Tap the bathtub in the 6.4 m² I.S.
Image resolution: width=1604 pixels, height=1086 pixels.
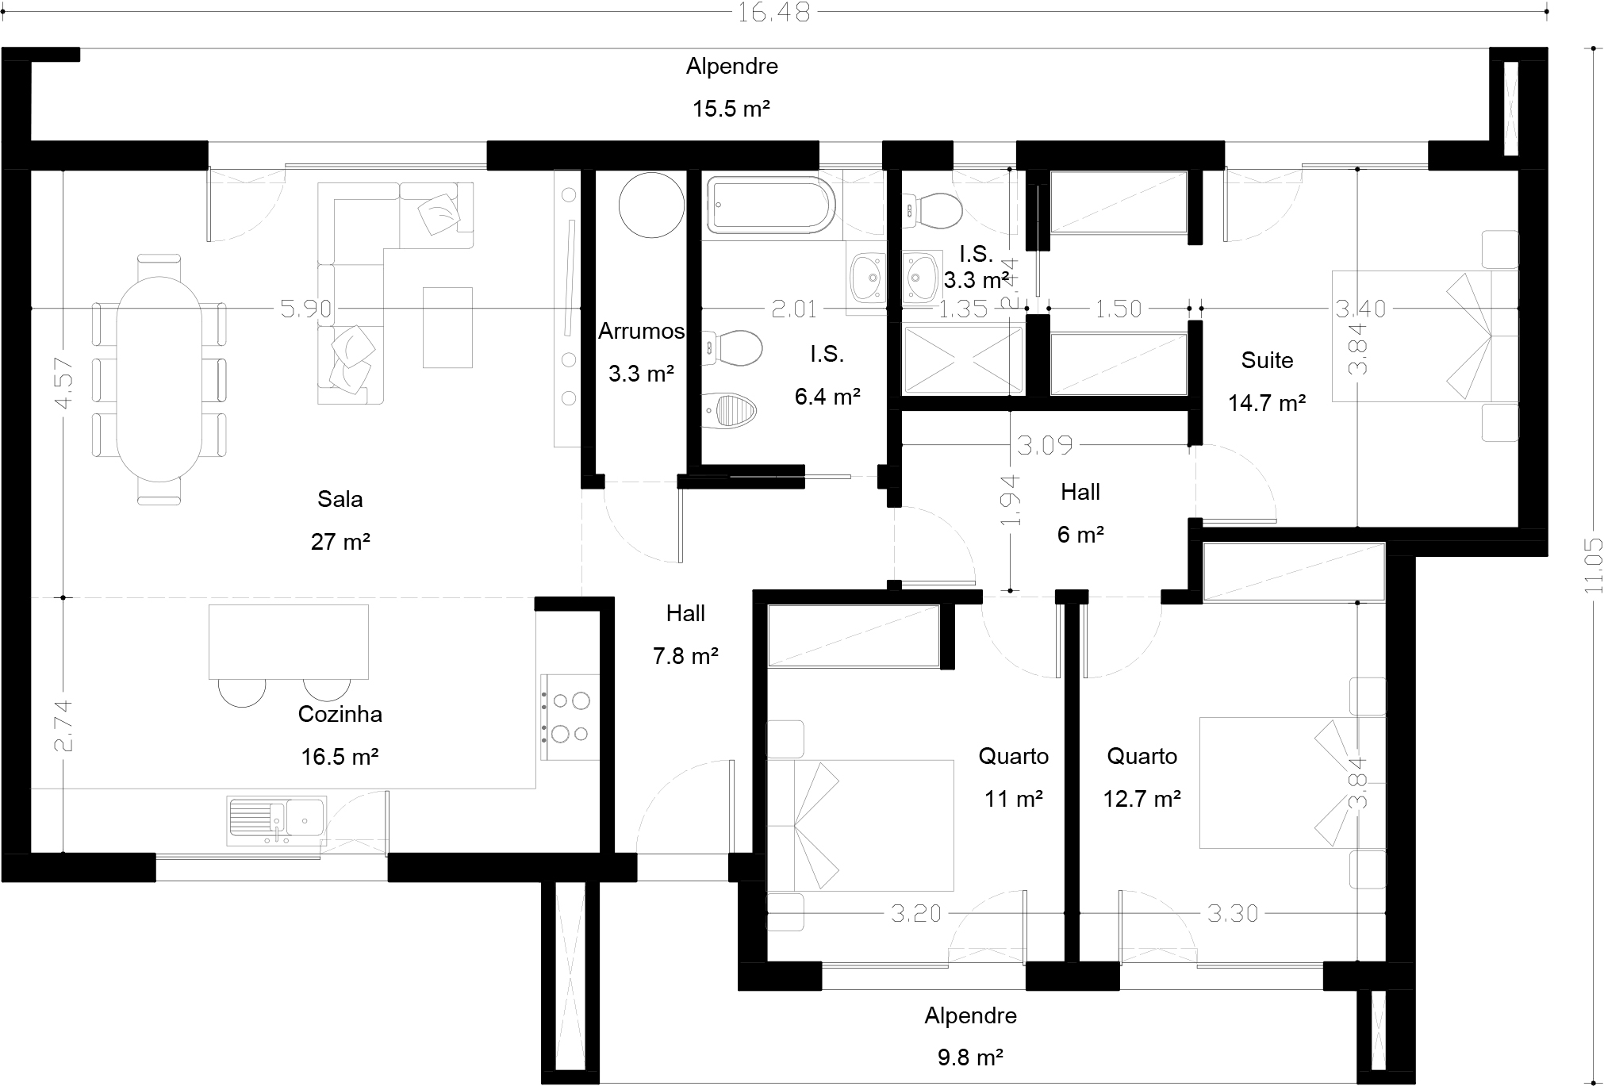click(x=770, y=207)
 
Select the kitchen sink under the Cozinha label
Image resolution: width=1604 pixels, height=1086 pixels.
click(x=276, y=819)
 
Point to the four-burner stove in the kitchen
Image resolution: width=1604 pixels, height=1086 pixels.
click(x=570, y=717)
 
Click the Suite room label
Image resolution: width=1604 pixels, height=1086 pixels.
click(x=1267, y=360)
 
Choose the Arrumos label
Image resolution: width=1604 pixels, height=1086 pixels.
click(x=641, y=331)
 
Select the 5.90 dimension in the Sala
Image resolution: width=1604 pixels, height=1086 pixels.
click(x=306, y=308)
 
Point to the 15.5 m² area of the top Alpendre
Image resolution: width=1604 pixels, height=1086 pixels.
click(x=731, y=109)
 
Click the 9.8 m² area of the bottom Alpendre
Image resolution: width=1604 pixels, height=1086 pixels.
click(x=970, y=1057)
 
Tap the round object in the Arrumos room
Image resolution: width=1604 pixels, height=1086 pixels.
click(x=650, y=205)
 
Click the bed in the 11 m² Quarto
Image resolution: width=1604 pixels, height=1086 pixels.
click(x=860, y=825)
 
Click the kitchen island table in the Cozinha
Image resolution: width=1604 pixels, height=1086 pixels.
click(x=289, y=642)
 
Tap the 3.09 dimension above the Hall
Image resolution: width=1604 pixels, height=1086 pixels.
click(x=1045, y=446)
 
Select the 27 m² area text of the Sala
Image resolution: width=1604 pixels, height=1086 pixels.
click(x=340, y=542)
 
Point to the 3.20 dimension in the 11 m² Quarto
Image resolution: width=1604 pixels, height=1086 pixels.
click(x=915, y=914)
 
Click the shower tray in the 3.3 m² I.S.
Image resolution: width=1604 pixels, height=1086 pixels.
click(x=963, y=360)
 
